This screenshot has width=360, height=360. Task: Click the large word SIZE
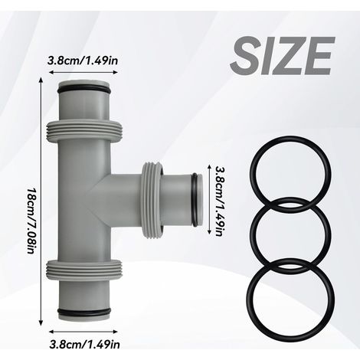pyautogui.click(x=283, y=55)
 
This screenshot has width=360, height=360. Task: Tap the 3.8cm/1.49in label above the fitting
pyautogui.click(x=83, y=61)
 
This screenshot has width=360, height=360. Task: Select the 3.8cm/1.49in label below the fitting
pyautogui.click(x=84, y=345)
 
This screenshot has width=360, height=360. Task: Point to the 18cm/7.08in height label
pyautogui.click(x=31, y=221)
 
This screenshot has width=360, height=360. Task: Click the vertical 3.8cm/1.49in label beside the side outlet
pyautogui.click(x=220, y=201)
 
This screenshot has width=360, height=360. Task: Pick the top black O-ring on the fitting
pyautogui.click(x=84, y=90)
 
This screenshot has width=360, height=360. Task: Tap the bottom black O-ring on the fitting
pyautogui.click(x=84, y=312)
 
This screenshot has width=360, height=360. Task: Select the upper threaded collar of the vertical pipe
pyautogui.click(x=84, y=130)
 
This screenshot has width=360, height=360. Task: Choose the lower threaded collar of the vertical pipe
pyautogui.click(x=84, y=270)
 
